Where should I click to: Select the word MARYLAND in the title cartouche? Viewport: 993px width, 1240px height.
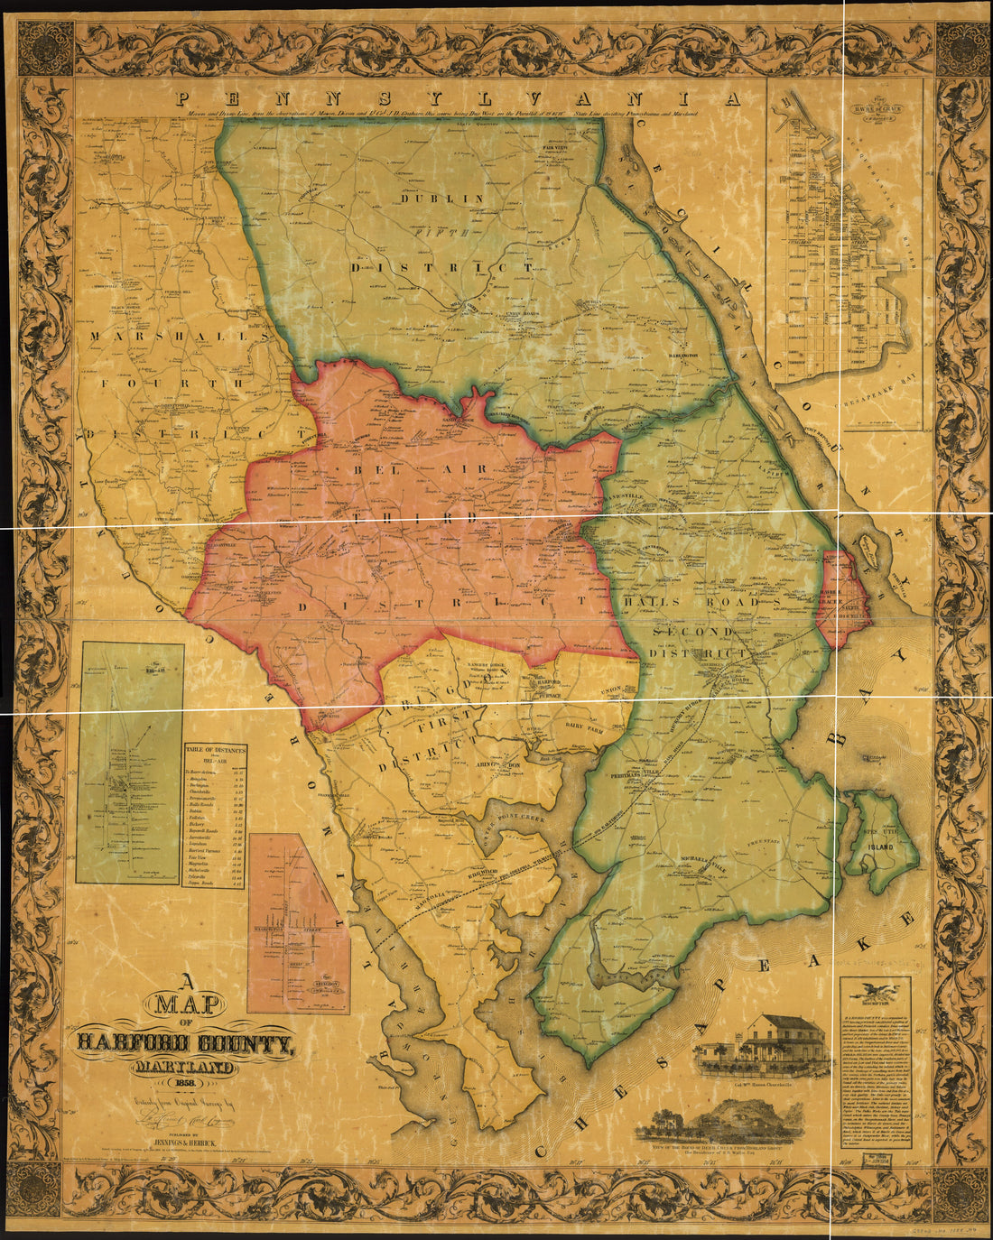185,1064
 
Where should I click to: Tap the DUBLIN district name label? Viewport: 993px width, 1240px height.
442,199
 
